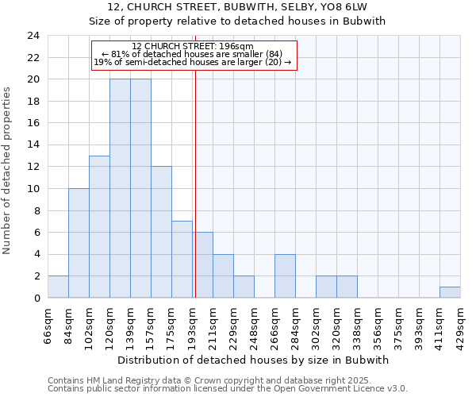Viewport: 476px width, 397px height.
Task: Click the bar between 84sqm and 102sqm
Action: pyautogui.click(x=79, y=243)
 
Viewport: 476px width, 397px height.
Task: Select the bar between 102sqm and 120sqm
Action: pyautogui.click(x=99, y=226)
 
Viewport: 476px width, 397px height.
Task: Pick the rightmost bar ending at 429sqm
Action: pyautogui.click(x=450, y=292)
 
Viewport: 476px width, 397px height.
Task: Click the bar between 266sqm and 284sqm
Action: pyautogui.click(x=285, y=276)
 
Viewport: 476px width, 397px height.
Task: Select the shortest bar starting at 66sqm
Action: pyautogui.click(x=58, y=287)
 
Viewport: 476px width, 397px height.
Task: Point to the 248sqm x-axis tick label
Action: pyautogui.click(x=255, y=326)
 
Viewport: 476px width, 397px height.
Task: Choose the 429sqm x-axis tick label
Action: pyautogui.click(x=461, y=326)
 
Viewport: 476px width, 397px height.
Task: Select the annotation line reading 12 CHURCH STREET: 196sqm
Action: pyautogui.click(x=193, y=46)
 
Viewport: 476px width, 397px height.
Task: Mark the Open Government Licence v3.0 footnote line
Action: pyautogui.click(x=228, y=389)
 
